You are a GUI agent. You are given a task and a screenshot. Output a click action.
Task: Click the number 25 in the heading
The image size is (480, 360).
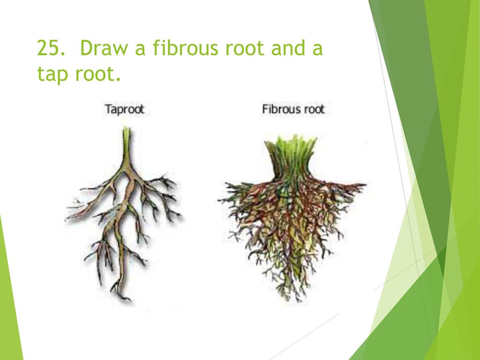tap(51, 48)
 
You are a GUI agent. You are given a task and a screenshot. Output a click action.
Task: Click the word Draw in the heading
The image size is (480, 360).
tap(104, 48)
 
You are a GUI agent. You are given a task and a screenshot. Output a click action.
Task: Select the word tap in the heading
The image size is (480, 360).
tap(52, 75)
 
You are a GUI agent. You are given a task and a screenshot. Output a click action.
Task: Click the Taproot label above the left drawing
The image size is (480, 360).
tap(124, 109)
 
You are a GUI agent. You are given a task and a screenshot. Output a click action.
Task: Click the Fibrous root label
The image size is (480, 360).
tap(293, 109)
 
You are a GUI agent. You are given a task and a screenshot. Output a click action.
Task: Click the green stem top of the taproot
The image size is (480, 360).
tap(127, 141)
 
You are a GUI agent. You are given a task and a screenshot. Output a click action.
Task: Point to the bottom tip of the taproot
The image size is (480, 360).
tap(130, 300)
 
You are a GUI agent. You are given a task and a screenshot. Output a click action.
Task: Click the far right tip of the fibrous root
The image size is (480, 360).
tap(366, 184)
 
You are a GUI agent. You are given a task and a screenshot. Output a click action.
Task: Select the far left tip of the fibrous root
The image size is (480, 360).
tap(218, 201)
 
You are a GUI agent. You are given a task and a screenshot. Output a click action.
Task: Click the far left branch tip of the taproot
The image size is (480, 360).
tap(66, 219)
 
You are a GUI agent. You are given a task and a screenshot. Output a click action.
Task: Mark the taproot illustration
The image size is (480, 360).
tap(124, 215)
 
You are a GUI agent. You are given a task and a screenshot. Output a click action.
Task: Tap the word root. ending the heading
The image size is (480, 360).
tap(98, 75)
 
